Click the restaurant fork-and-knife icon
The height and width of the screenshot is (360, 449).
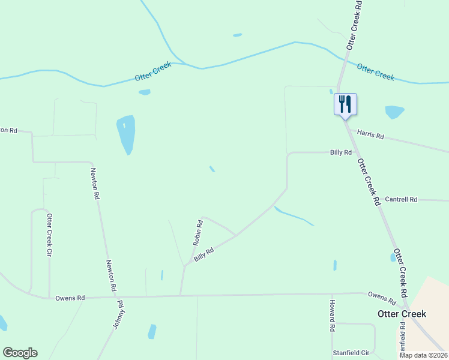click(x=345, y=104)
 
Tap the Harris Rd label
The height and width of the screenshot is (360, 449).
click(x=370, y=134)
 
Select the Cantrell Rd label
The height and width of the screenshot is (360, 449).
click(x=400, y=199)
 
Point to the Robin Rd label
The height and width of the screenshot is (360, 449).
click(x=197, y=233)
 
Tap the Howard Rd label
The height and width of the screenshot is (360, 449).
click(x=331, y=316)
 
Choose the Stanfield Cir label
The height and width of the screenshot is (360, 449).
click(x=353, y=353)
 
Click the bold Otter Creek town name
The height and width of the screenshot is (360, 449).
click(x=402, y=314)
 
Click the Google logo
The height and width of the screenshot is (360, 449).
click(x=20, y=353)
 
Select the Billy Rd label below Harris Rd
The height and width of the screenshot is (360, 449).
click(x=340, y=152)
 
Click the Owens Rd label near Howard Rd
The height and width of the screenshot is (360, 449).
click(x=382, y=298)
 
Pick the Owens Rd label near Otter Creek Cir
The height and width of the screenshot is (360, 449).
click(x=70, y=298)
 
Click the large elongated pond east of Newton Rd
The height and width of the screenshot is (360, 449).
click(x=126, y=133)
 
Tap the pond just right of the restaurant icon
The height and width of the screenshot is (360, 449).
click(x=394, y=112)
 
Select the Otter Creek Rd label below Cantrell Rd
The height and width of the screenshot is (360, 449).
click(x=400, y=274)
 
